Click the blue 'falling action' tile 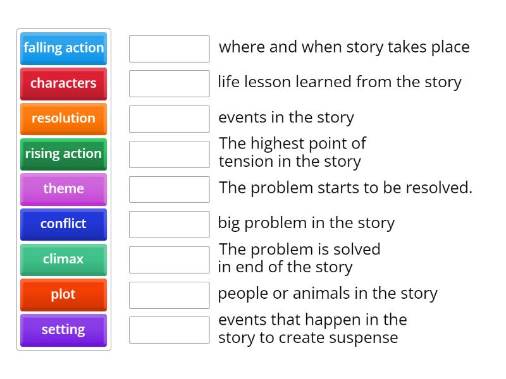tap(63, 48)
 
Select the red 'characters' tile tap(63, 83)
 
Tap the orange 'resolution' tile tap(63, 118)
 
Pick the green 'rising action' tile tap(63, 153)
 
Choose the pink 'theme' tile tap(63, 189)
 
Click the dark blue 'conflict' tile tap(63, 224)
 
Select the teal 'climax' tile tap(63, 259)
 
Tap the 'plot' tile tap(63, 294)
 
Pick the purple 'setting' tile tap(63, 330)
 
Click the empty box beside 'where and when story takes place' tap(169, 49)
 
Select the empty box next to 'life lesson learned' tap(169, 83)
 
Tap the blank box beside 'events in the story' tap(169, 119)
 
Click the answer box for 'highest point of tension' tap(169, 154)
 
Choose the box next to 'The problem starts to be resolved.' tap(169, 189)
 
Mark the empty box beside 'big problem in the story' tap(169, 224)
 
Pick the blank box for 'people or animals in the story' tap(169, 294)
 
